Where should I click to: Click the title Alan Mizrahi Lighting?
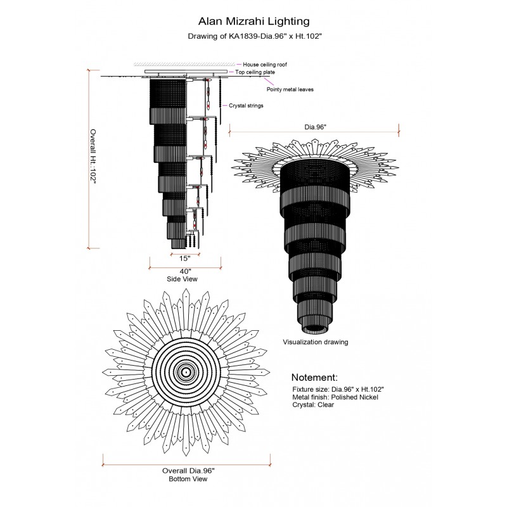point(254,22)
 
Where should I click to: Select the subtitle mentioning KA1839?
point(255,36)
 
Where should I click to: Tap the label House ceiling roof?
point(265,65)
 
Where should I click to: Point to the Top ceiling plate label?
point(255,72)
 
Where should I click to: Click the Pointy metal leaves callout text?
point(290,89)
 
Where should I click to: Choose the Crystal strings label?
point(246,106)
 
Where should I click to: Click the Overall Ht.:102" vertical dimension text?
point(93,157)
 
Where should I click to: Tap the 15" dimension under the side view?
point(184,259)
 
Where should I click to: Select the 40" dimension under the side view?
point(185,271)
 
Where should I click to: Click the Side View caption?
point(182,279)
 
